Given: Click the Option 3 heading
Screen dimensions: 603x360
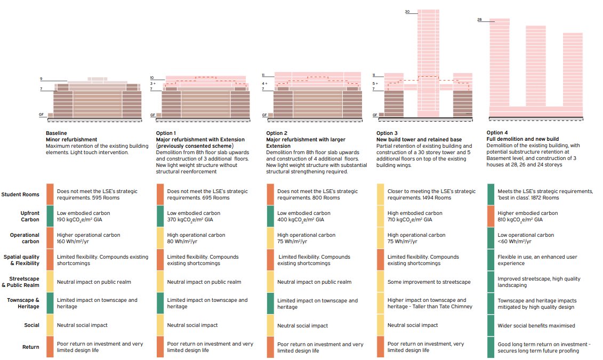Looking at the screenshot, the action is pyautogui.click(x=387, y=133).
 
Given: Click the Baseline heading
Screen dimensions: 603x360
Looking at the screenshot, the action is pyautogui.click(x=56, y=133).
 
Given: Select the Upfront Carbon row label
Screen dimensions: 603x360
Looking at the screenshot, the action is pyautogui.click(x=30, y=216).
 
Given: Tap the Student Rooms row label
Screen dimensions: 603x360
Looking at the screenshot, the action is pyautogui.click(x=20, y=195).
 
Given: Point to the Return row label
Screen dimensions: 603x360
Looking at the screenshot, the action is pyautogui.click(x=31, y=347).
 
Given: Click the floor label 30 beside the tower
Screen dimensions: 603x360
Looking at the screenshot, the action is pyautogui.click(x=407, y=12).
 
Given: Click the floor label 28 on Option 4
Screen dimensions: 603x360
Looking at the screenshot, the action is pyautogui.click(x=479, y=20).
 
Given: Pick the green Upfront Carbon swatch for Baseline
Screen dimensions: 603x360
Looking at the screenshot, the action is pyautogui.click(x=50, y=216).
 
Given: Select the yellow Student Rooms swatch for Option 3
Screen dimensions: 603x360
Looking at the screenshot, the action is pyautogui.click(x=380, y=194).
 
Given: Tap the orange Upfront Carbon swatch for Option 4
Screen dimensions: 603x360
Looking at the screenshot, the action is pyautogui.click(x=491, y=216).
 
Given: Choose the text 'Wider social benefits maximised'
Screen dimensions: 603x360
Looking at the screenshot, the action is pyautogui.click(x=536, y=325).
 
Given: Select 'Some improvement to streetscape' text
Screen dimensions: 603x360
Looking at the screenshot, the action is pyautogui.click(x=429, y=282).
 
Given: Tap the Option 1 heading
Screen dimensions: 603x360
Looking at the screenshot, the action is pyautogui.click(x=166, y=133).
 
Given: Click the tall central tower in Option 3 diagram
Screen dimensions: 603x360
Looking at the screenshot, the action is pyautogui.click(x=428, y=63).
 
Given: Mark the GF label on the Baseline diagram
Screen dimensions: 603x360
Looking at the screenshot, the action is pyautogui.click(x=41, y=115).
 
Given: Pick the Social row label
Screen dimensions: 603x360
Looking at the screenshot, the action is pyautogui.click(x=31, y=325).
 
